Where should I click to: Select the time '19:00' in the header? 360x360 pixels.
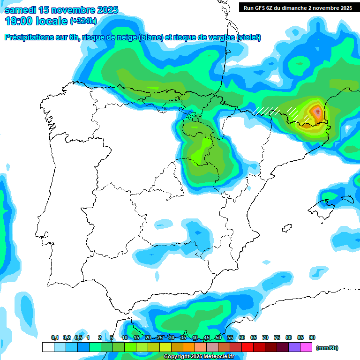coord(18,21)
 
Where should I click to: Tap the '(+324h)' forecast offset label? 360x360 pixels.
coord(83,21)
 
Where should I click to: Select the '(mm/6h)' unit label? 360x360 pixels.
coord(327,348)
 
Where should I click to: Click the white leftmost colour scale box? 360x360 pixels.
coord(48,347)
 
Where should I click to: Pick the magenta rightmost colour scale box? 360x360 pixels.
coord(306,347)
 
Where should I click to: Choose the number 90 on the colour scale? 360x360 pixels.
coord(312,338)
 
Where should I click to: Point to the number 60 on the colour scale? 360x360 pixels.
coord(242,338)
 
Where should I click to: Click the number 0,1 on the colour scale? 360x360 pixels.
coord(55,338)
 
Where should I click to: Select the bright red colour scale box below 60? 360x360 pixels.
coord(247,347)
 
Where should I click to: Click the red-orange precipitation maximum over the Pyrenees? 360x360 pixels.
coord(317,112)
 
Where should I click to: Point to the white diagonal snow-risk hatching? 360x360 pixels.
coord(267,111)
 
